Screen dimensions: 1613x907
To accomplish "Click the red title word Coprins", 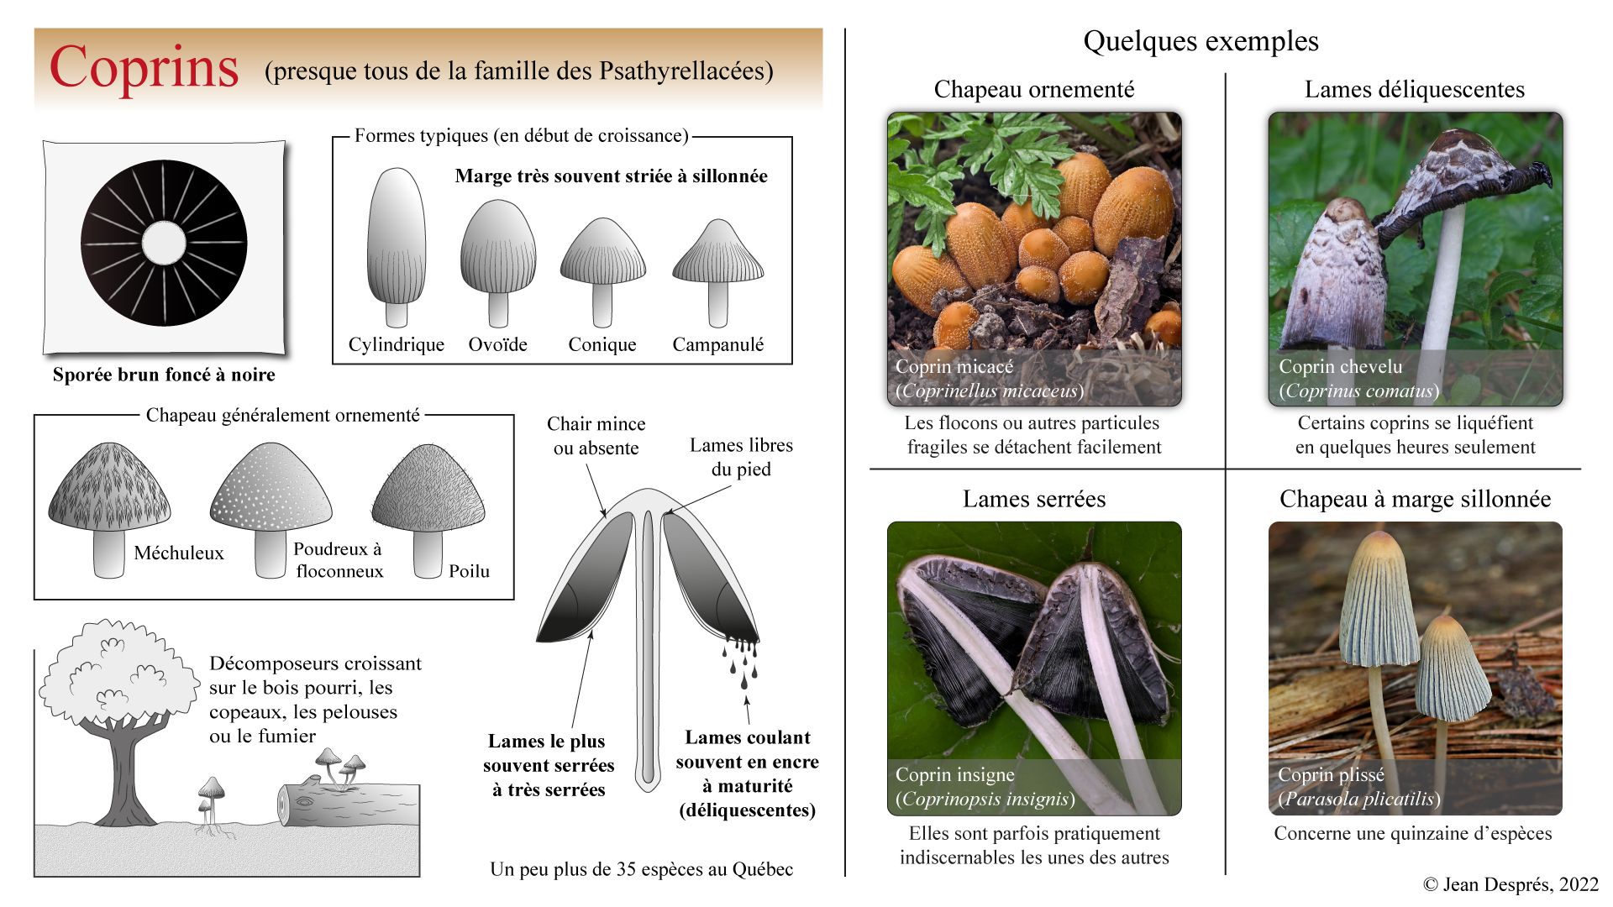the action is pos(144,67).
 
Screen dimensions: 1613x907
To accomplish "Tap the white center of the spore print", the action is pos(164,244).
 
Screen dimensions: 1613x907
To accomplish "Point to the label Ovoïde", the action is pos(497,344).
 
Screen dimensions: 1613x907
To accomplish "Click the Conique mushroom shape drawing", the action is pos(602,269).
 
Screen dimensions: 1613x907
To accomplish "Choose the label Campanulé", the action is pos(717,344).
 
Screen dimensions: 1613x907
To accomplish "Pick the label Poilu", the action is pos(469,571).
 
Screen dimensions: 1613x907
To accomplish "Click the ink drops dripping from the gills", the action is pos(742,659).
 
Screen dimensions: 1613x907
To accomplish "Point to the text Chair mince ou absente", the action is pos(596,436).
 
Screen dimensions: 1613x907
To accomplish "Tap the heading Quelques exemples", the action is pos(1201,41).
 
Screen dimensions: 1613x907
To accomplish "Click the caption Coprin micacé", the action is pos(954,366).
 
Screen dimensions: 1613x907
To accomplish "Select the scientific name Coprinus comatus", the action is pos(1358,391).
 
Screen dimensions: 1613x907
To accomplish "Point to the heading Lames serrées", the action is pos(1033,499).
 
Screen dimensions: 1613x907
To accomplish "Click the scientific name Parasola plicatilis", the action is pos(1358,799).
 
